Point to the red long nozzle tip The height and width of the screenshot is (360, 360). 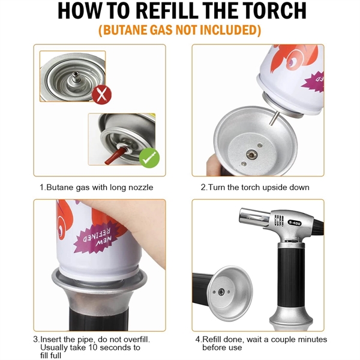point(112,158)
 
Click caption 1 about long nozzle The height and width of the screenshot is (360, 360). point(97,187)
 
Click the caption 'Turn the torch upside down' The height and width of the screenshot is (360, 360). point(255,187)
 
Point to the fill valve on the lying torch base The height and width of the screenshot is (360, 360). point(223,292)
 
